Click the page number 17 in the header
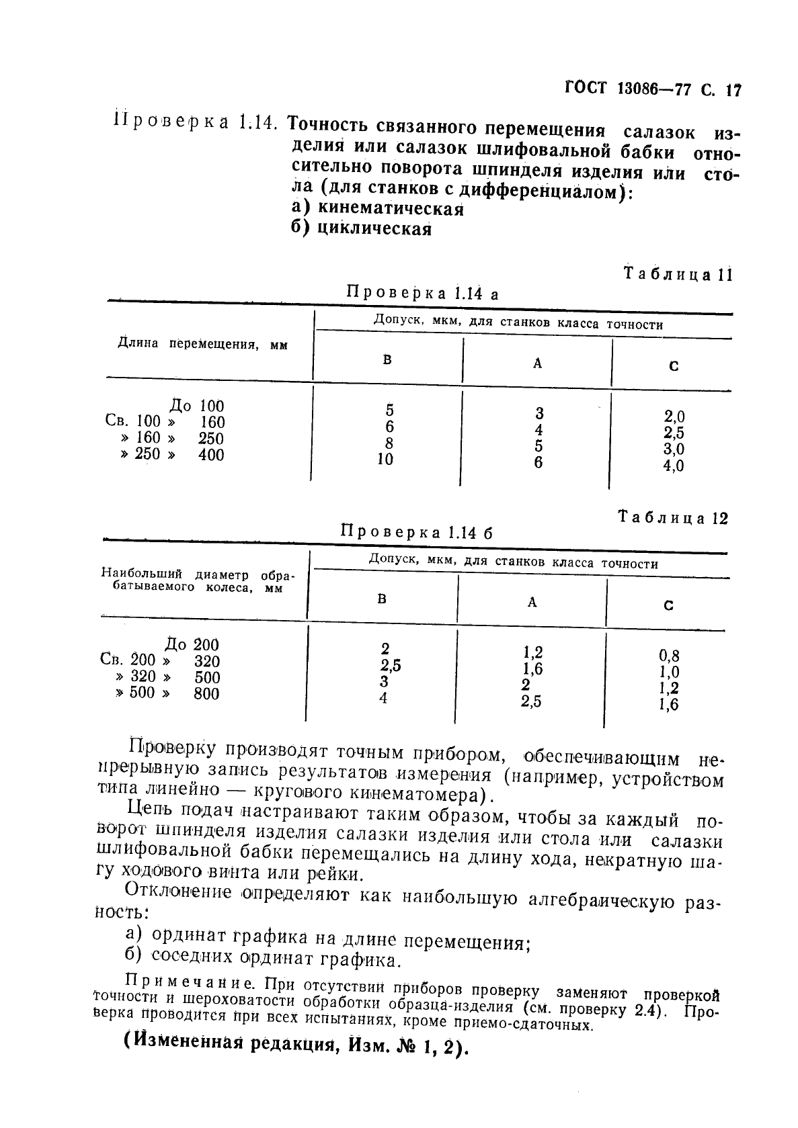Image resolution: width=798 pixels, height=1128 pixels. (x=733, y=89)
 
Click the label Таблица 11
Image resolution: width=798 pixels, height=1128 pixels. (x=677, y=274)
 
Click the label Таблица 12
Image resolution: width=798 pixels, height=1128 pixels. (x=673, y=518)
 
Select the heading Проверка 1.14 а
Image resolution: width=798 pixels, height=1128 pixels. (x=422, y=293)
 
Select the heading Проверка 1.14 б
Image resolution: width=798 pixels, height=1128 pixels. (x=417, y=532)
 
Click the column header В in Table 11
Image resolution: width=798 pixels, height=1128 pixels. (x=387, y=359)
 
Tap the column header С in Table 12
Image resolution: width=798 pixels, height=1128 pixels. (x=668, y=605)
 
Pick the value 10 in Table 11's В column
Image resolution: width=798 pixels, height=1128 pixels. (x=385, y=460)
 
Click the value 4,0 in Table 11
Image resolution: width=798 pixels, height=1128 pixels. (x=674, y=466)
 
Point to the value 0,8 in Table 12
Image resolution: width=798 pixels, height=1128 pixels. (x=669, y=656)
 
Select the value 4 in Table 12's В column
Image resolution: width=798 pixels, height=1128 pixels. (x=383, y=698)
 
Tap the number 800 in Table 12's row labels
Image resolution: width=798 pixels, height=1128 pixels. (x=206, y=693)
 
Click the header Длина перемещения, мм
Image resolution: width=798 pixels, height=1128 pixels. (x=202, y=344)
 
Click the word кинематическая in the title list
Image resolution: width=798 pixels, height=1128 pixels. (x=391, y=208)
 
